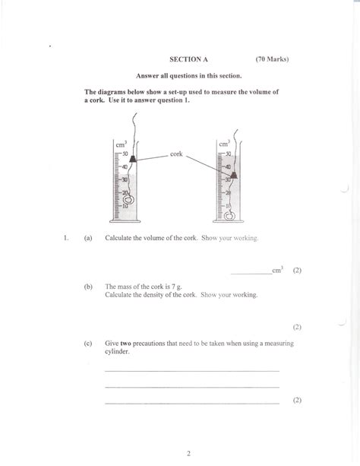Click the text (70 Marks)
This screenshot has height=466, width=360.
coord(273,58)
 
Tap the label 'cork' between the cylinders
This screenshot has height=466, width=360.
coord(176,154)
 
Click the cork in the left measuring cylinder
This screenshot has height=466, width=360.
coord(132,157)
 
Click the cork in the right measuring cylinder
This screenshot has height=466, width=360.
coord(233,176)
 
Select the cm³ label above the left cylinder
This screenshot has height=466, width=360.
coord(120,144)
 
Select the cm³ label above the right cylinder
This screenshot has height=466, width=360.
coord(223,143)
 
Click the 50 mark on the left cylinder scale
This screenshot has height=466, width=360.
coord(124,154)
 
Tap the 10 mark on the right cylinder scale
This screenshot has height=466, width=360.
coord(226,205)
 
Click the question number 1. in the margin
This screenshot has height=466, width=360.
coord(66,238)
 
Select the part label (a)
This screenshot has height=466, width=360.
coord(89,238)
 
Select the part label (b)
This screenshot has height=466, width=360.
coord(89,287)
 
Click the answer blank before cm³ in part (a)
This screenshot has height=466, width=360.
coord(250,271)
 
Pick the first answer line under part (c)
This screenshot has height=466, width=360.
coord(191,369)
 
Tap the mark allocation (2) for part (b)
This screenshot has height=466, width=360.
coord(297,327)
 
